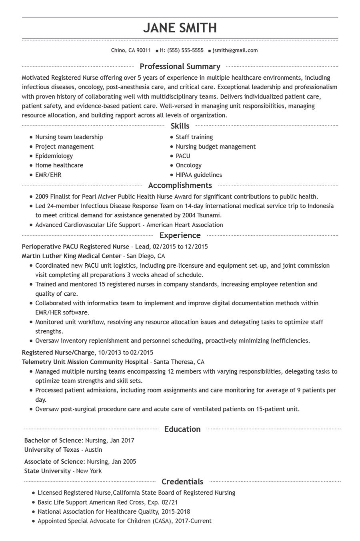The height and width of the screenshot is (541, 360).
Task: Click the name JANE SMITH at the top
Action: pos(180,28)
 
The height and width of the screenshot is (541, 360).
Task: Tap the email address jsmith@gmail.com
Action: pos(235,50)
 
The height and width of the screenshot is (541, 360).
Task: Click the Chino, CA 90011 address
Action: pos(131,50)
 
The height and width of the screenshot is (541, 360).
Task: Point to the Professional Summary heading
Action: pos(180,66)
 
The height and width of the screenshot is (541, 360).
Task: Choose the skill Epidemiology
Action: pos(54,156)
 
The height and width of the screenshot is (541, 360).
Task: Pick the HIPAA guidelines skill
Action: pos(199,175)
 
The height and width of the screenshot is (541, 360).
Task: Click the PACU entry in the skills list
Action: pos(183,156)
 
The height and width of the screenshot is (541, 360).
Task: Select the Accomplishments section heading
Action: pos(180,185)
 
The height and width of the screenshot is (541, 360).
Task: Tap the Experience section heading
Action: pos(180,235)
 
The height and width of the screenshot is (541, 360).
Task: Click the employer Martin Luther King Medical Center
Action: pos(71,256)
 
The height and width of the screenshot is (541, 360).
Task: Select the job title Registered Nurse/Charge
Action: pos(58,353)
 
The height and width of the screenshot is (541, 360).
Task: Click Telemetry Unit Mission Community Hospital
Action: pos(85,362)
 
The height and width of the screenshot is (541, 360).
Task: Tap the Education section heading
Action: pos(182,429)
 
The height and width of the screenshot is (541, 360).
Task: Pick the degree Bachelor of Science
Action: pos(53,441)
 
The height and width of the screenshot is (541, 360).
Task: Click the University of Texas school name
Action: pos(52,450)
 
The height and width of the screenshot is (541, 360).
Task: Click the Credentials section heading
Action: pos(182,482)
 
